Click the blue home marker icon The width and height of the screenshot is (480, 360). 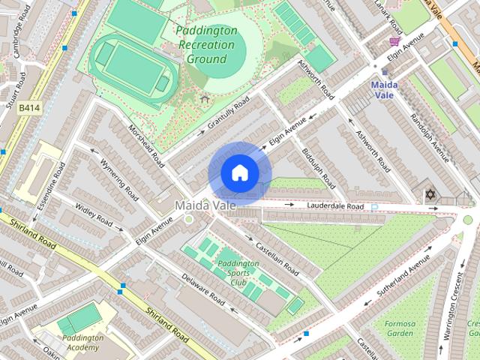(x=239, y=173)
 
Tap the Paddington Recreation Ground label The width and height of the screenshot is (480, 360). (x=207, y=45)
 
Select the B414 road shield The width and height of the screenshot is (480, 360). (x=28, y=108)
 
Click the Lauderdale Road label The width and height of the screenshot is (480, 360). (x=335, y=206)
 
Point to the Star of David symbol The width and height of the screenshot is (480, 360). (x=430, y=195)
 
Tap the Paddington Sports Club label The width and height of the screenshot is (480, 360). (x=238, y=273)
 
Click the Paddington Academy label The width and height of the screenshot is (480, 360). (x=83, y=343)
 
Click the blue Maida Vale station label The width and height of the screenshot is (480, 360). (x=384, y=90)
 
